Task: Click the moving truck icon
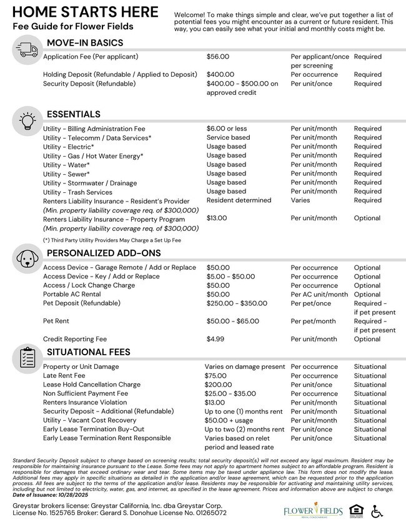pyautogui.click(x=26, y=49)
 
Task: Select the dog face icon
pyautogui.click(x=26, y=258)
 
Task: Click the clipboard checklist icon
pyautogui.click(x=26, y=358)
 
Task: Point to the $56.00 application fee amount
pyautogui.click(x=218, y=57)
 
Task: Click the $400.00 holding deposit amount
pyautogui.click(x=220, y=74)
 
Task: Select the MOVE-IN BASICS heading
pyautogui.click(x=85, y=43)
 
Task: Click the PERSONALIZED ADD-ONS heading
pyautogui.click(x=104, y=253)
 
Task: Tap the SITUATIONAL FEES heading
pyautogui.click(x=89, y=352)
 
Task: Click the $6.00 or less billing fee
pyautogui.click(x=227, y=129)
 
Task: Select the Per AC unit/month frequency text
pyautogui.click(x=319, y=295)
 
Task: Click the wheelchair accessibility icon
pyautogui.click(x=377, y=511)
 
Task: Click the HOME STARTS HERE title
pyautogui.click(x=86, y=12)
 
